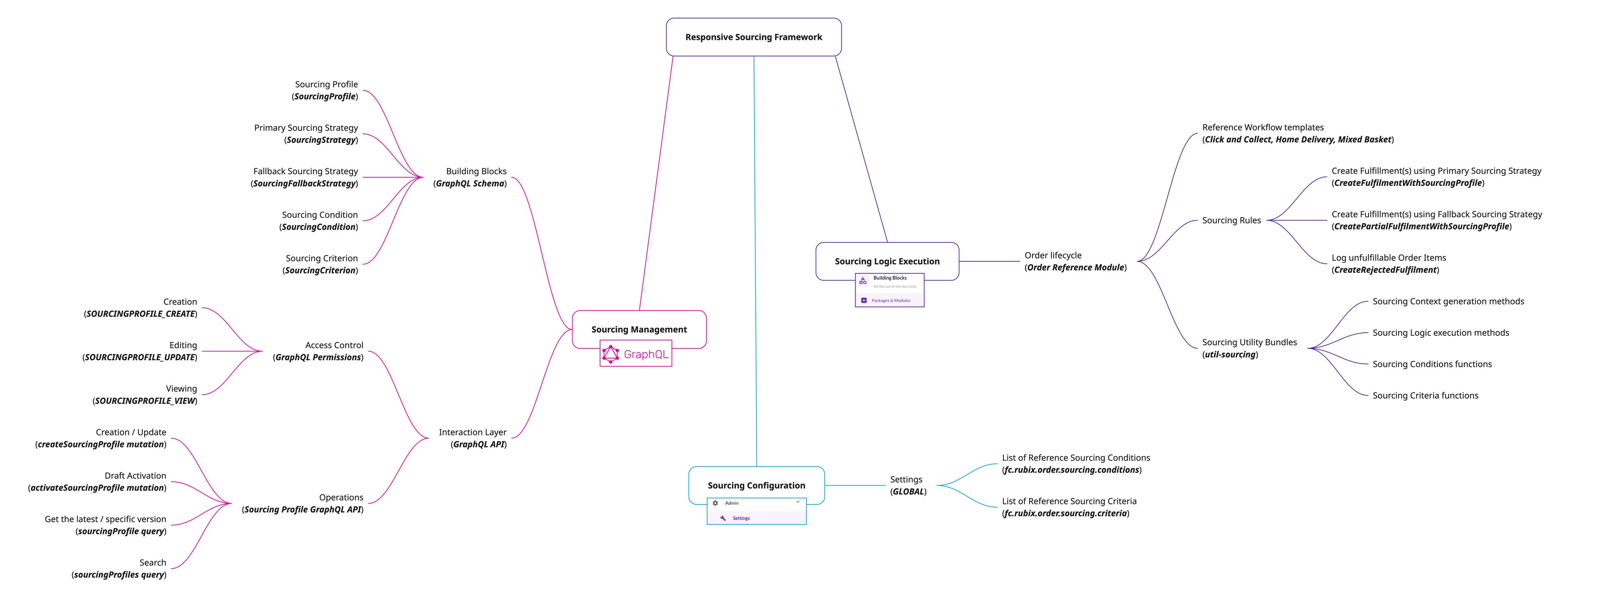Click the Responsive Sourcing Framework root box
click(753, 37)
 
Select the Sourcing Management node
click(639, 329)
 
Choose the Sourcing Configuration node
click(756, 485)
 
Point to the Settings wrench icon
click(723, 518)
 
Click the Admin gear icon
click(715, 503)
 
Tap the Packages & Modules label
click(891, 301)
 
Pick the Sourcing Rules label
click(1231, 220)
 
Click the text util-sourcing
click(1230, 354)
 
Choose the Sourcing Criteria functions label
click(1425, 395)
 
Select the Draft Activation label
click(135, 475)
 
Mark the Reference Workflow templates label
click(1263, 127)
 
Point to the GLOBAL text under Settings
click(908, 492)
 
